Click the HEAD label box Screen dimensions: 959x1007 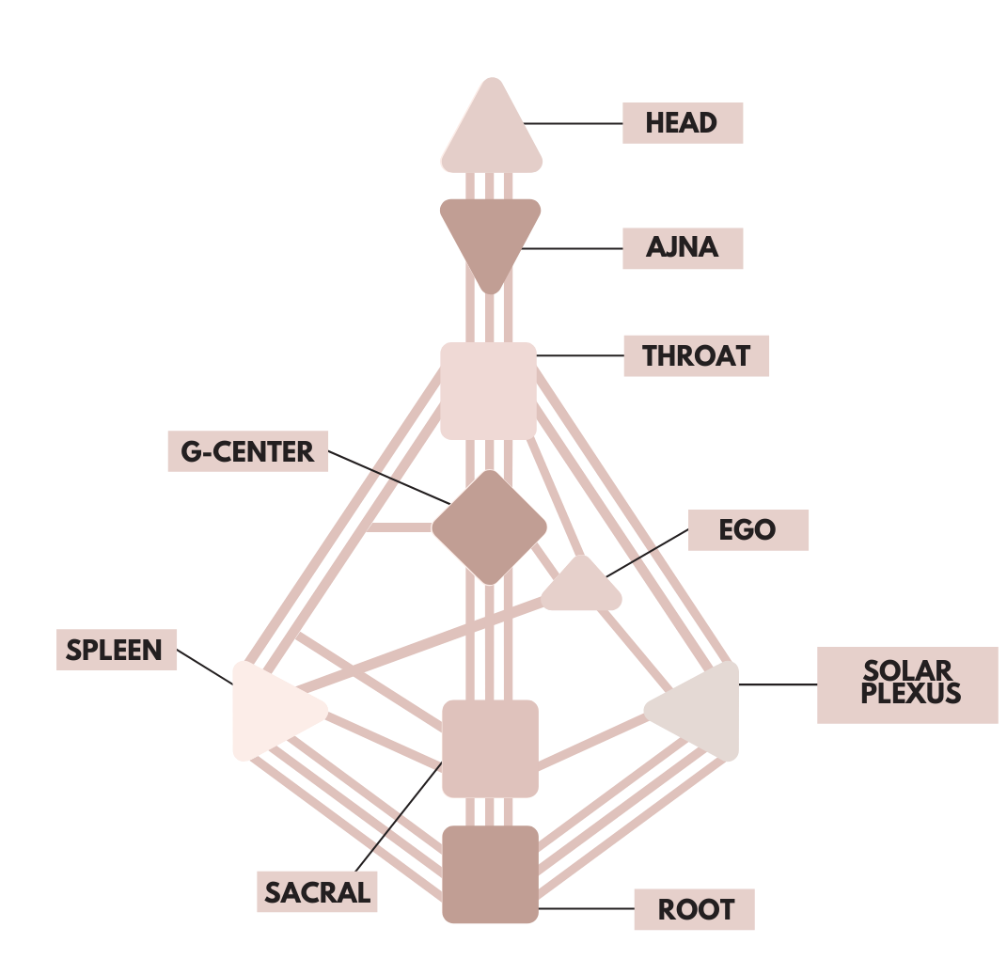683,123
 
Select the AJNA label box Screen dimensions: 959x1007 683,248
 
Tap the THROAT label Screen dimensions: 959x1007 696,356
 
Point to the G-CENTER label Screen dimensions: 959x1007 247,451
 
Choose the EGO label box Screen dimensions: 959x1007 747,530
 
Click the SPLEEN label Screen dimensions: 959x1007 116,650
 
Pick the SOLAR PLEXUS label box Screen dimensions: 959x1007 907,684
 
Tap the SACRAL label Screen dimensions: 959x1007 317,891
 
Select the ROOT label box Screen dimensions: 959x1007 694,909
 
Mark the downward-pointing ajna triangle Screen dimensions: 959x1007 491,235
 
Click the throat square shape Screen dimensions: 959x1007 489,390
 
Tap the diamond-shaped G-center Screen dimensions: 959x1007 489,527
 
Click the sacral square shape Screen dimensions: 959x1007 490,747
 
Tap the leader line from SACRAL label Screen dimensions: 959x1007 395,827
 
